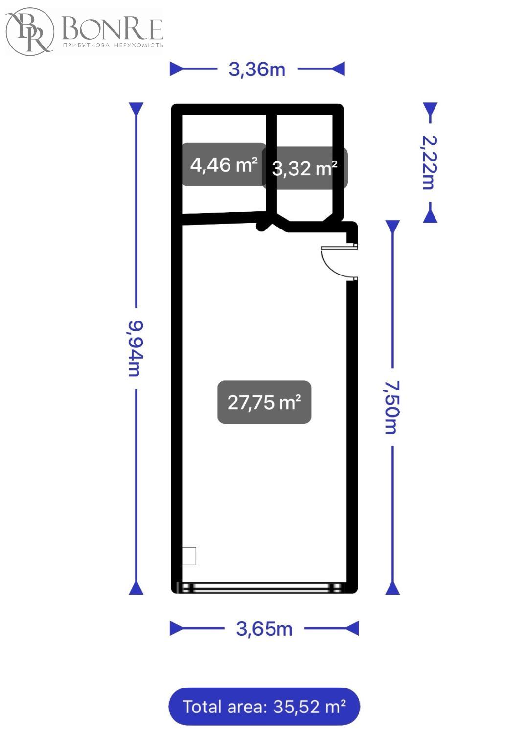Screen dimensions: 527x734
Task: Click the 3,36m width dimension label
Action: point(257,69)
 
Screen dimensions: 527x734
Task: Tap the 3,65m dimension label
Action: point(264,629)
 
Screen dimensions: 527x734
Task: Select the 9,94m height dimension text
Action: point(136,348)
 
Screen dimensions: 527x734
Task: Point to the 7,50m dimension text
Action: point(392,407)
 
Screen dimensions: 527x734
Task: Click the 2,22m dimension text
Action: point(430,162)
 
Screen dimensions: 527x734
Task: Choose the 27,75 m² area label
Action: point(264,402)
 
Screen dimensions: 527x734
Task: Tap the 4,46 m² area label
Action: point(224,164)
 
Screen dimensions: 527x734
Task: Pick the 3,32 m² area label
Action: point(305,168)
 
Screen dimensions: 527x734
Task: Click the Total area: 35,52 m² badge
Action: point(264,706)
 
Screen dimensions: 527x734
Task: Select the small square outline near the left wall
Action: point(189,556)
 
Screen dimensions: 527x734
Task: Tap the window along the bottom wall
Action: point(261,587)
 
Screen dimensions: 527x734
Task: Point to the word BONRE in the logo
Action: point(113,29)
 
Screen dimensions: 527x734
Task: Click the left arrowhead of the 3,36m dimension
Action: point(177,69)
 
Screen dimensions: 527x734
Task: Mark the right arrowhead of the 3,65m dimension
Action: point(352,629)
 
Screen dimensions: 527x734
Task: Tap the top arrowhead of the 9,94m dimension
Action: point(136,109)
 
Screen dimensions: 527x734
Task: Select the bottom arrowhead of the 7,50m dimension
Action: point(392,588)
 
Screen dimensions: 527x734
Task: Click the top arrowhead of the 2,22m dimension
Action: point(430,109)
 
